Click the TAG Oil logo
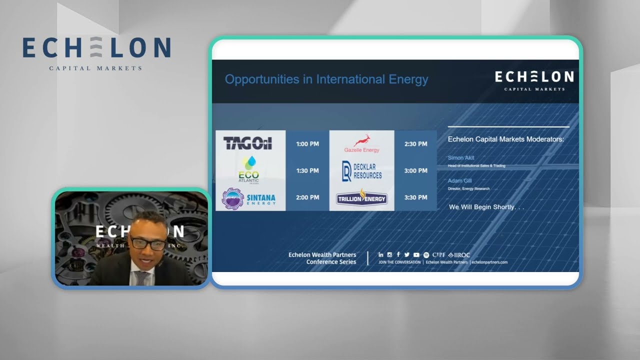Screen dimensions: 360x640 coord(247,144)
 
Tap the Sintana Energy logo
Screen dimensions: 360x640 coord(249,198)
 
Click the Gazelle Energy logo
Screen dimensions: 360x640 coord(361,143)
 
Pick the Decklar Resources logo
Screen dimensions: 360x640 coord(361,171)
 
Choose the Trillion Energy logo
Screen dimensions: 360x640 coord(361,198)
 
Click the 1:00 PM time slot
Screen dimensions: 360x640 coord(307,144)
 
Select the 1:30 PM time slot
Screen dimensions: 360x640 coord(307,171)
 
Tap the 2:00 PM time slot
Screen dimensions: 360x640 coord(307,197)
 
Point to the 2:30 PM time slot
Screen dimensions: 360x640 coord(415,144)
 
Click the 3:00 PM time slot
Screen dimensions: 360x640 coord(415,171)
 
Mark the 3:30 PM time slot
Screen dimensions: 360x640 coord(415,197)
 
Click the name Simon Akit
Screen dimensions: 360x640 coord(461,158)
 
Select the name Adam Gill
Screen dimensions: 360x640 coord(459,181)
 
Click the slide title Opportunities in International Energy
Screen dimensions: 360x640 coord(326,79)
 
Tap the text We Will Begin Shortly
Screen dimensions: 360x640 coord(486,207)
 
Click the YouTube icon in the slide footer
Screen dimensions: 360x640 coord(416,255)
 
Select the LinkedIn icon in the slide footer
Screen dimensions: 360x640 coord(381,255)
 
